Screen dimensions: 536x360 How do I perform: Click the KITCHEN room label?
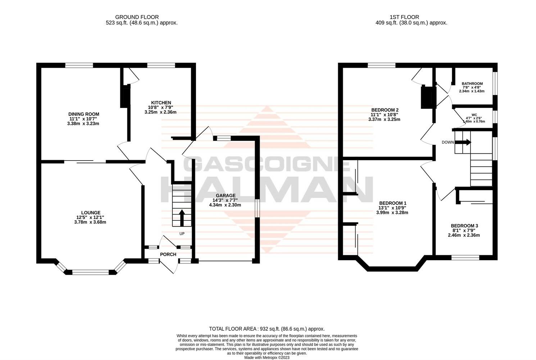tap(161, 103)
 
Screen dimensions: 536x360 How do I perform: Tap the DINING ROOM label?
tap(84, 114)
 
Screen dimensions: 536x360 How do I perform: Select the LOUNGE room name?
tap(91, 213)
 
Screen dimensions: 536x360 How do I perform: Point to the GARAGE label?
tap(226, 195)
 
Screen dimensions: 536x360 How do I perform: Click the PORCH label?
tap(168, 255)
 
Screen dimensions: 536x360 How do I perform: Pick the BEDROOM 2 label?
tap(385, 110)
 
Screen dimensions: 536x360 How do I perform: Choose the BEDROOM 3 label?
tap(464, 226)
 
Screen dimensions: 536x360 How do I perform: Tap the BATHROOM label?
tap(472, 84)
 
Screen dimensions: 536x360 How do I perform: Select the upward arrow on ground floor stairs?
tap(182, 218)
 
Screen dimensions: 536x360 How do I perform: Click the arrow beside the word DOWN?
tap(463, 142)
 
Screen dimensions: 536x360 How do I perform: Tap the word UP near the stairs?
tap(182, 234)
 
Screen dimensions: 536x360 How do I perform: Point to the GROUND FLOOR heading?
tap(137, 17)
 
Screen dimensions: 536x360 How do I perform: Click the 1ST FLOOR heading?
tap(404, 17)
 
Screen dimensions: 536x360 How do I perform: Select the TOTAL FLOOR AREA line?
tap(267, 329)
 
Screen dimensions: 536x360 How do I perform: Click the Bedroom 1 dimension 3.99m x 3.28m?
tap(392, 212)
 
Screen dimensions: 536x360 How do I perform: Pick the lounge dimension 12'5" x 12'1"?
tap(90, 217)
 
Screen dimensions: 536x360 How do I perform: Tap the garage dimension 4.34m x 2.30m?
tap(225, 205)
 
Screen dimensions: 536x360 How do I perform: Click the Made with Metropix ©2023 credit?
tap(267, 357)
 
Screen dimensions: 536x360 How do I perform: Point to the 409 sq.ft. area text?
tap(411, 23)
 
